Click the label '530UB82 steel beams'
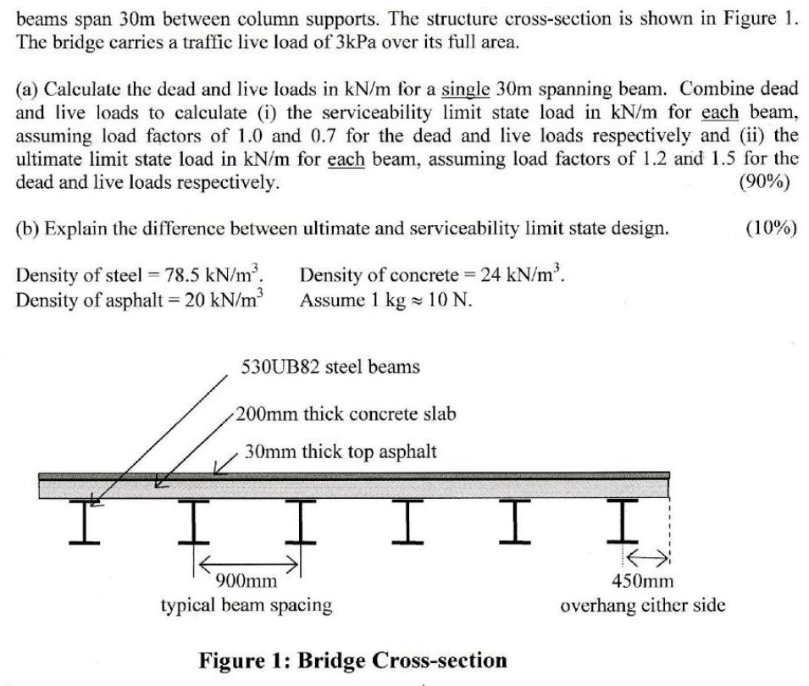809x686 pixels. tap(330, 368)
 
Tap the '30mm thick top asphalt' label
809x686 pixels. tap(341, 451)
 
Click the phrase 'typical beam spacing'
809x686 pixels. tap(246, 605)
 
